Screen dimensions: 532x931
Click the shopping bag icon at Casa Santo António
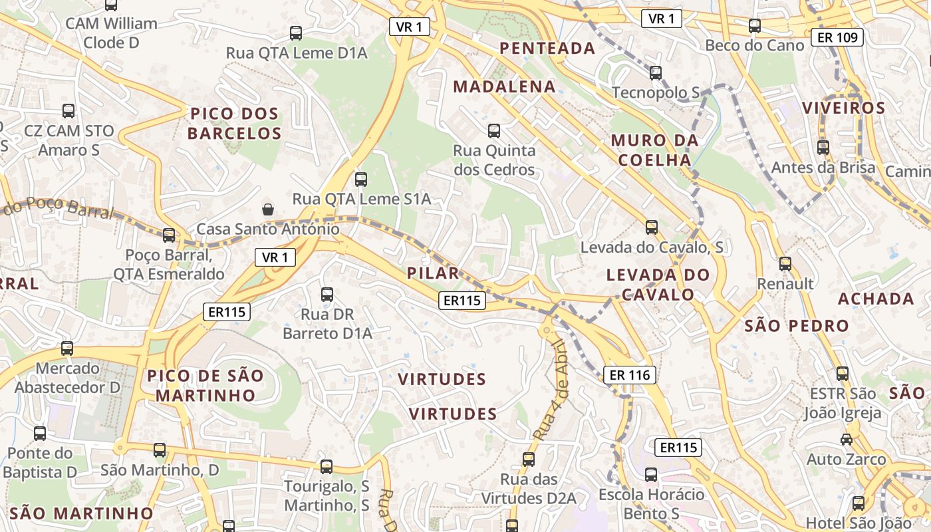[268, 209]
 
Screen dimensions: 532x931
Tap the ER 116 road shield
[630, 375]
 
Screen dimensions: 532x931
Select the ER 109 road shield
[837, 37]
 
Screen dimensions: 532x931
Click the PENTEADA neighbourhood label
[547, 48]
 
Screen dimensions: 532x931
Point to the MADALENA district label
[504, 86]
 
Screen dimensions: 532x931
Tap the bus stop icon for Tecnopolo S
[656, 73]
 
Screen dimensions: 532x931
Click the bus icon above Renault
[785, 264]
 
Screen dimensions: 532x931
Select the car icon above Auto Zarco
[847, 440]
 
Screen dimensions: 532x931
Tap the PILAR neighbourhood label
[433, 273]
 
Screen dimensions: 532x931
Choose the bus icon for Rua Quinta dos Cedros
[493, 131]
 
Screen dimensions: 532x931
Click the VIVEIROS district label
[843, 108]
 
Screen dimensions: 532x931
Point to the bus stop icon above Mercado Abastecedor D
[67, 348]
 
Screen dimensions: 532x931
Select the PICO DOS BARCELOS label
[234, 123]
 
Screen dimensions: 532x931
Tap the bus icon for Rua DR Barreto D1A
[327, 295]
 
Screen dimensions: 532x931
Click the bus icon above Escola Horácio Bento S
[651, 475]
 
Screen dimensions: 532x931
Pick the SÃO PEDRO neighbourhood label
[797, 326]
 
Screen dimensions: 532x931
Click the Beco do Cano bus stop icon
[754, 26]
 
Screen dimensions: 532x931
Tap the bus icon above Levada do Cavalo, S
[652, 227]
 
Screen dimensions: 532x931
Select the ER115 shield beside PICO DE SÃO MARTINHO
[227, 311]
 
